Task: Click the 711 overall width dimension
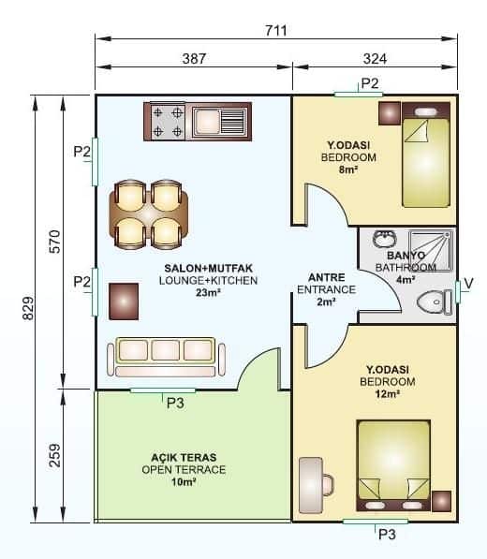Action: (275, 30)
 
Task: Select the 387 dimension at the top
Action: (194, 58)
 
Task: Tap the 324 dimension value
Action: (375, 58)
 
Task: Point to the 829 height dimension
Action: (26, 308)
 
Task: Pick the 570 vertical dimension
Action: (53, 241)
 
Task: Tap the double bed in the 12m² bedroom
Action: (393, 465)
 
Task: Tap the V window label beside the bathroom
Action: (469, 286)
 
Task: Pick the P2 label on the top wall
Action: (370, 83)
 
